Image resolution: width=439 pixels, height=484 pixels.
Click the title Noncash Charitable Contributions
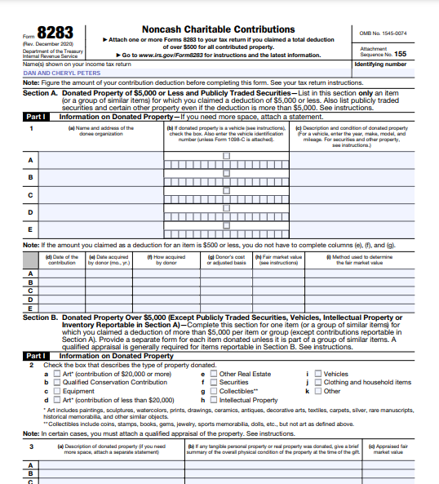pos(219,29)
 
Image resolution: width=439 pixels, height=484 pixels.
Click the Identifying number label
pos(380,64)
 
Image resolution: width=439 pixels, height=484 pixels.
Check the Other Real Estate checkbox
pos(213,374)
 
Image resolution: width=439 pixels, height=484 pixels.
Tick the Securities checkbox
pos(213,383)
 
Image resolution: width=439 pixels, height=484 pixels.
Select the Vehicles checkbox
pos(318,374)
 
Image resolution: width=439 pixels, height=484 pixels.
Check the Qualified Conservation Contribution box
pos(56,383)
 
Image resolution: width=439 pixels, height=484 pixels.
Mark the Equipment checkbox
pos(56,392)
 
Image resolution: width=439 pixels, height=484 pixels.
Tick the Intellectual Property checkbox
pos(213,401)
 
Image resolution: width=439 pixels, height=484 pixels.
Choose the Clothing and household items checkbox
pos(318,383)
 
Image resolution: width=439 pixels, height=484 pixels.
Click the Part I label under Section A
pos(35,117)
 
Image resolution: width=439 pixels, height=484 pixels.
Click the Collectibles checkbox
pos(213,392)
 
